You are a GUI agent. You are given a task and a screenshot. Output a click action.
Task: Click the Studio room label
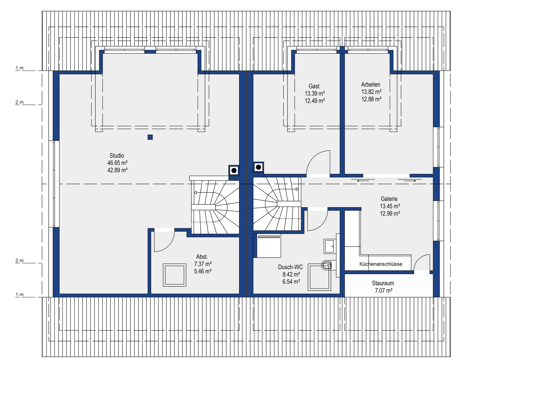(x=117, y=155)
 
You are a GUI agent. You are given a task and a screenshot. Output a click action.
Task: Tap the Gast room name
(x=314, y=86)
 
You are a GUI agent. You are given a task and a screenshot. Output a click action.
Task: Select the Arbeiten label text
(x=371, y=85)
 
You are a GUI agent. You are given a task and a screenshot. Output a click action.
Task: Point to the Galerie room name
(x=389, y=199)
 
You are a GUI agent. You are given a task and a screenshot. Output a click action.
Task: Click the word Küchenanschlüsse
(x=381, y=264)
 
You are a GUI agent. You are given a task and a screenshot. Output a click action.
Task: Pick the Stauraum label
(x=383, y=283)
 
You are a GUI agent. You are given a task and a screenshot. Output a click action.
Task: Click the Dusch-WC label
(x=290, y=267)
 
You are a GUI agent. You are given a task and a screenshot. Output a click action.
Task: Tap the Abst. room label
(x=202, y=257)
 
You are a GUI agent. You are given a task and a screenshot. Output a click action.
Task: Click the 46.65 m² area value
(x=117, y=163)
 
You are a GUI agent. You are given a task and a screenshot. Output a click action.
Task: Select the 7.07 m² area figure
(x=384, y=290)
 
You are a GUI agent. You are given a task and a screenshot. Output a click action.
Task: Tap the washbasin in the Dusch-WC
(x=330, y=246)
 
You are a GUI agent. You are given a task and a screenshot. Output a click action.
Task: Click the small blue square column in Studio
(x=150, y=137)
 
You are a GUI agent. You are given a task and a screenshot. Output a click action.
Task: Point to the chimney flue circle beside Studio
(x=234, y=171)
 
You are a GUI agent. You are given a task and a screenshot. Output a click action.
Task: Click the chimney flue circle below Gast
(x=259, y=167)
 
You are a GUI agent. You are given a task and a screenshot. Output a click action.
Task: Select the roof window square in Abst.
(x=174, y=275)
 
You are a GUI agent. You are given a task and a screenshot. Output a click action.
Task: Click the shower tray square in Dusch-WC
(x=319, y=277)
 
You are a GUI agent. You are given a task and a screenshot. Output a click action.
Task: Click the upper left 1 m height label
(x=20, y=68)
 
